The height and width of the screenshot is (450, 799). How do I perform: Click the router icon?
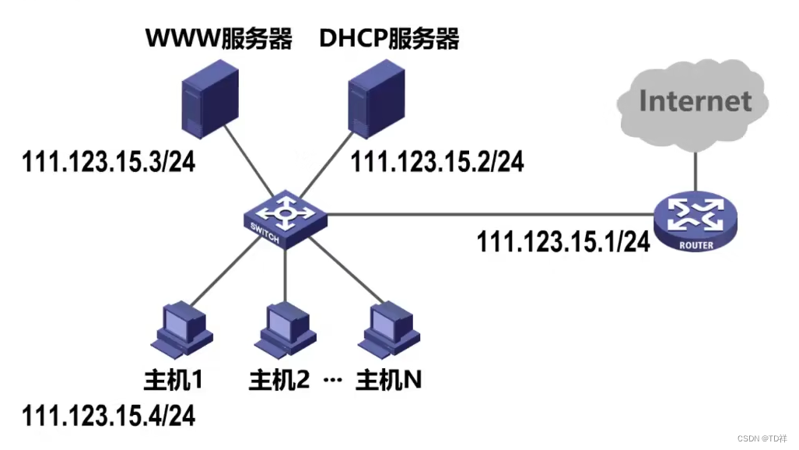pyautogui.click(x=694, y=223)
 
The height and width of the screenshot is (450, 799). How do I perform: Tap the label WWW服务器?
pyautogui.click(x=219, y=39)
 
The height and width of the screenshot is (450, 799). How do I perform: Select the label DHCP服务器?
pyautogui.click(x=390, y=39)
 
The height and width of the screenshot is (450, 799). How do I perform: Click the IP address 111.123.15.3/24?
pyautogui.click(x=108, y=162)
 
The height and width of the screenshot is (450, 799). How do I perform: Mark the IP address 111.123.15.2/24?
pyautogui.click(x=437, y=162)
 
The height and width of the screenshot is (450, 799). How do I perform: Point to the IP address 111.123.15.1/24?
pyautogui.click(x=563, y=241)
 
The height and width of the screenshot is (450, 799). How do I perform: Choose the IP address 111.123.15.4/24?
pyautogui.click(x=108, y=414)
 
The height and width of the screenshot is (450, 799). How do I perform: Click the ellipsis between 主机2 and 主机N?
pyautogui.click(x=332, y=381)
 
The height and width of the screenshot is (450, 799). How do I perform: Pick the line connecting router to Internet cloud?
pyautogui.click(x=695, y=171)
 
